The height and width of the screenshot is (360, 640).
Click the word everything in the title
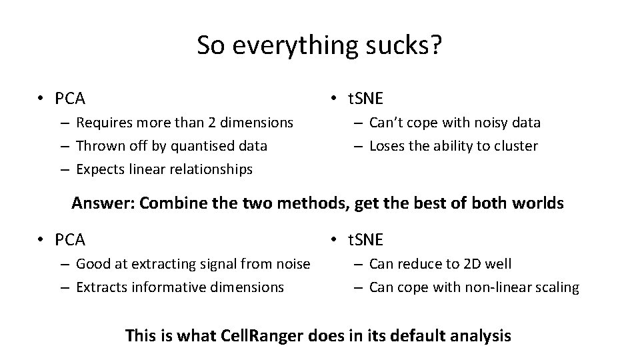[291, 46]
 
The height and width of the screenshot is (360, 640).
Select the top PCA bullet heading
[70, 99]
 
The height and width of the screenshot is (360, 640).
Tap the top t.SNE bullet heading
[365, 99]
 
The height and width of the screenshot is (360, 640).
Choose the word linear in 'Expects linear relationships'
[145, 169]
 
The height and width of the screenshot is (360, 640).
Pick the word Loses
[387, 146]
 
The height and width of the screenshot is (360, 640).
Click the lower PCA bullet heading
[70, 239]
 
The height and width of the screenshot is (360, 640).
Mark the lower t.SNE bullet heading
[365, 239]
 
